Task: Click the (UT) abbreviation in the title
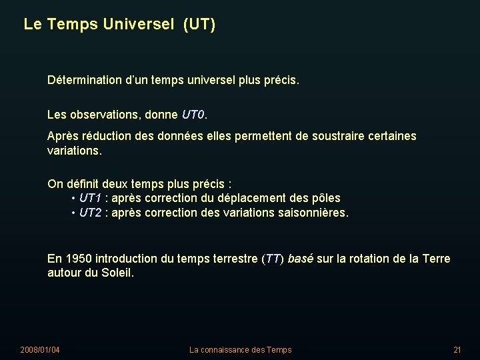tap(201, 25)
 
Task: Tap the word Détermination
tap(85, 81)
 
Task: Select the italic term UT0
tap(193, 115)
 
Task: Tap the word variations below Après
tap(73, 151)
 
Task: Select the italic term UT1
tap(90, 198)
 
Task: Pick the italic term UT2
tap(90, 213)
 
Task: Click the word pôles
tap(325, 198)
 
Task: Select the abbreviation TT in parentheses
tap(272, 259)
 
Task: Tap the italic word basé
tap(300, 259)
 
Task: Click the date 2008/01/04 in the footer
tap(40, 350)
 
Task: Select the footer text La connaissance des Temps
tap(240, 350)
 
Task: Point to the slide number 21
tap(457, 350)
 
